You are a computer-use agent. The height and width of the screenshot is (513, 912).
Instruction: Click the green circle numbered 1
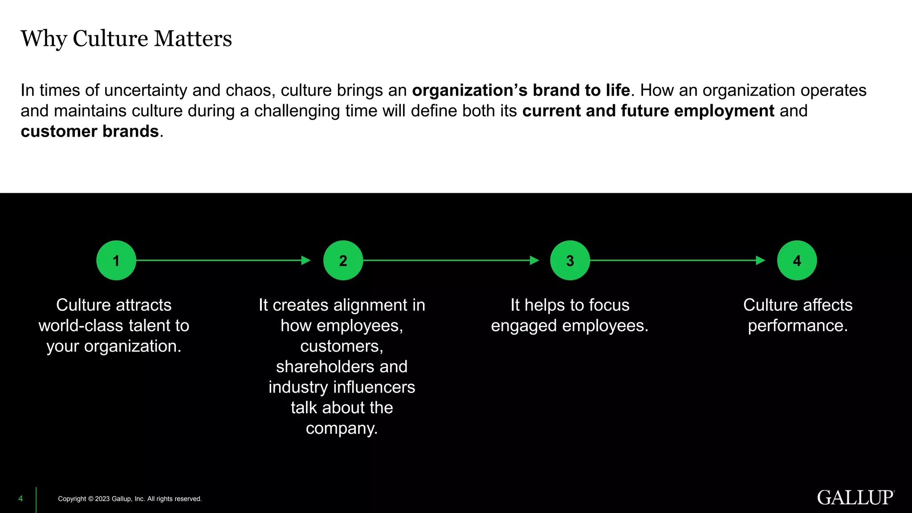pos(116,261)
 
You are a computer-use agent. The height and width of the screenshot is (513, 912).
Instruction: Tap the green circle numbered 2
pos(343,261)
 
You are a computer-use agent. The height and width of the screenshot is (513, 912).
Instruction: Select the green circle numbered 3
pos(570,261)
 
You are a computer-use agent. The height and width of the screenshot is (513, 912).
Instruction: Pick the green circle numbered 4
pos(797,261)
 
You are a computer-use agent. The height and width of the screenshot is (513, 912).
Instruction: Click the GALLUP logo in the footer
pos(855,498)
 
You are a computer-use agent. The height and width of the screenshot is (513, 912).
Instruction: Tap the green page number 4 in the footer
pos(20,499)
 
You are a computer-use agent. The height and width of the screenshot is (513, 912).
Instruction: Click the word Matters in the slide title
pos(193,38)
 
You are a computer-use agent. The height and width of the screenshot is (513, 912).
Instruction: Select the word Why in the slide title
pos(44,39)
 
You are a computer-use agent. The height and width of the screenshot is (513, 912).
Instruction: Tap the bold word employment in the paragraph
pos(725,111)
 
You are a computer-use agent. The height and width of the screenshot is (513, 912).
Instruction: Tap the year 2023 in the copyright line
pos(102,499)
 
